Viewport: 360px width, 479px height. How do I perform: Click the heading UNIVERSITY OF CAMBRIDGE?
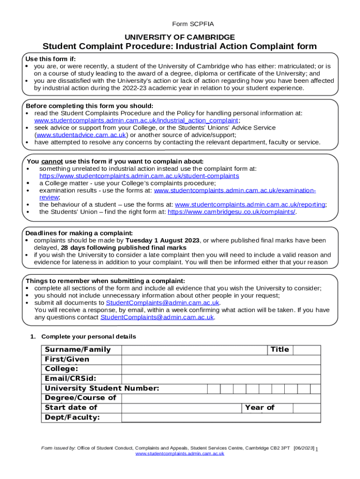(x=180, y=37)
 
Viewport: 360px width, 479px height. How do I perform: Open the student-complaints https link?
(x=139, y=176)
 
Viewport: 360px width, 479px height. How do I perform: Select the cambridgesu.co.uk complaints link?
(x=231, y=212)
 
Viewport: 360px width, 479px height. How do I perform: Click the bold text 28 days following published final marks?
(x=123, y=247)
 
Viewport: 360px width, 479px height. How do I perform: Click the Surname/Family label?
(x=78, y=350)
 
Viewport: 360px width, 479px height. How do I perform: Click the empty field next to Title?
(x=307, y=350)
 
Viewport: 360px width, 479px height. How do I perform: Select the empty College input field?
(x=221, y=369)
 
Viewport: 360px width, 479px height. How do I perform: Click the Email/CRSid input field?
(x=221, y=379)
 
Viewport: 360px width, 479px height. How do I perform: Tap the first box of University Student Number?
(x=214, y=389)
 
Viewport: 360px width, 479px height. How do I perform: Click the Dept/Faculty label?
(x=72, y=417)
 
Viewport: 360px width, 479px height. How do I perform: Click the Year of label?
(x=259, y=408)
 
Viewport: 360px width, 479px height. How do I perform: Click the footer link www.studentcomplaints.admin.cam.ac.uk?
(x=180, y=454)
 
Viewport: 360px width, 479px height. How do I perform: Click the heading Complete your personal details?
(x=88, y=337)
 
